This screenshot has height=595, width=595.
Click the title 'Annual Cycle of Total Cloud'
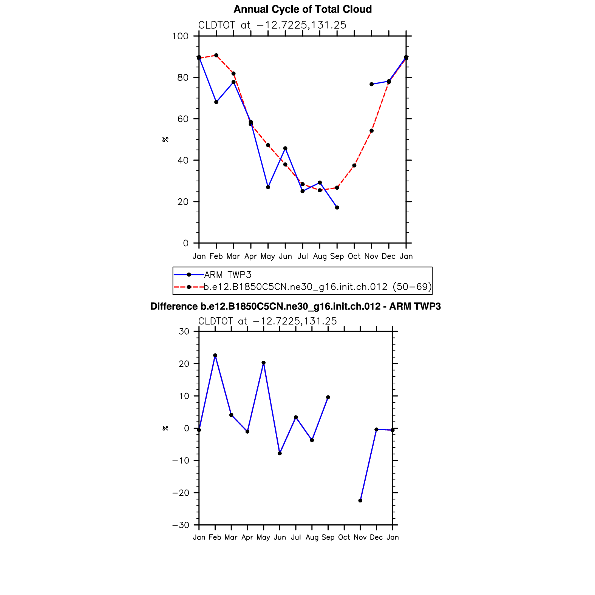click(x=303, y=9)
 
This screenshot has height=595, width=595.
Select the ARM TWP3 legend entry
click(x=227, y=275)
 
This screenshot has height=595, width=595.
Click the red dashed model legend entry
click(x=317, y=287)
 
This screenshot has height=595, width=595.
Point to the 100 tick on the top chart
click(x=180, y=36)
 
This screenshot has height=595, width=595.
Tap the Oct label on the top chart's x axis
click(x=354, y=257)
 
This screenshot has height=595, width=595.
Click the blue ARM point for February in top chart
click(x=216, y=102)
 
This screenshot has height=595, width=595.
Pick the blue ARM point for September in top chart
click(x=337, y=207)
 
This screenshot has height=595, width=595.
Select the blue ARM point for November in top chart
click(x=371, y=84)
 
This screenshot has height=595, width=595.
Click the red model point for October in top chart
click(x=354, y=165)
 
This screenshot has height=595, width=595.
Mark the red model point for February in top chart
click(x=216, y=56)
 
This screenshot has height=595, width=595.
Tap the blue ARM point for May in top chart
click(x=268, y=187)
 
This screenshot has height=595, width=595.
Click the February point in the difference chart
click(x=215, y=355)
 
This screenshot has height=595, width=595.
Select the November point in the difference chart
click(x=360, y=501)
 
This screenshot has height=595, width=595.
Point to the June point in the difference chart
click(x=280, y=453)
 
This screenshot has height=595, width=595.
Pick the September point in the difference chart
click(x=328, y=397)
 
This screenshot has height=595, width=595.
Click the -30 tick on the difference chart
click(x=181, y=525)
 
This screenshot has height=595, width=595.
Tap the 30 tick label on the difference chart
click(x=184, y=332)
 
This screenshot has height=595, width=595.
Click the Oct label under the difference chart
click(x=344, y=537)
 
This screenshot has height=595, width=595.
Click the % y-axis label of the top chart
click(x=165, y=139)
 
